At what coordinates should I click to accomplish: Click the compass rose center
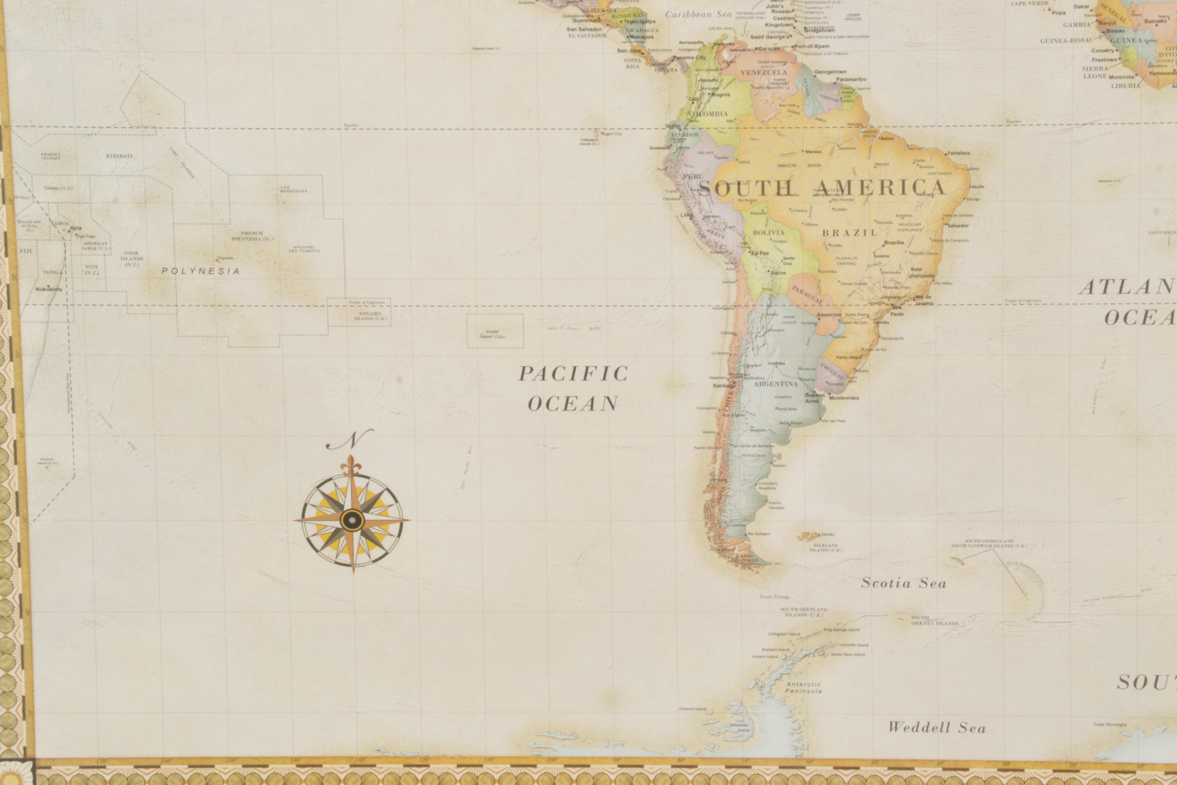352,520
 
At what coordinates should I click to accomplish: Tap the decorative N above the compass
350,439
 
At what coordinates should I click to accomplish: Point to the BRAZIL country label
850,233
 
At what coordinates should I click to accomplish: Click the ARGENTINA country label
776,384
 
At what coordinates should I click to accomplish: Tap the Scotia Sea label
903,583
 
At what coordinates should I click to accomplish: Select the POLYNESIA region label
201,271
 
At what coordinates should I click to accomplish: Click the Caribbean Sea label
698,14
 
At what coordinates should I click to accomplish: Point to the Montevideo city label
844,398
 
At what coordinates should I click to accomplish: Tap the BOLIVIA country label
769,233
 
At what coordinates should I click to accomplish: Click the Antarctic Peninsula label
803,687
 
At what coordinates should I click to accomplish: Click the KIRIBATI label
119,156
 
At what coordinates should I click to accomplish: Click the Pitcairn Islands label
370,316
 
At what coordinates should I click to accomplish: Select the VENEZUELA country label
764,73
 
